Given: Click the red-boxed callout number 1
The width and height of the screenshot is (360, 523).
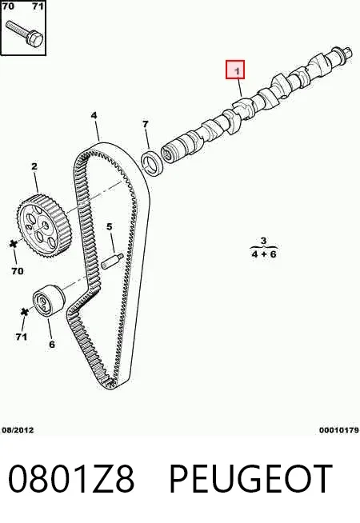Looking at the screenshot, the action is [237, 71].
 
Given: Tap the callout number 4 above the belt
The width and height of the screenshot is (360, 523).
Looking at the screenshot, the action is [94, 115].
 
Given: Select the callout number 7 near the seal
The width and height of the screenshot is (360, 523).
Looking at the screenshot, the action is [145, 125].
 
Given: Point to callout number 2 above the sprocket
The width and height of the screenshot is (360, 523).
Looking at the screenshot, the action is [34, 166].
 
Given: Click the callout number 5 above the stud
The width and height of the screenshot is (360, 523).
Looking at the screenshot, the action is [110, 227].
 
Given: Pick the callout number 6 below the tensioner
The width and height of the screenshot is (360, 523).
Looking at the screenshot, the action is [52, 344].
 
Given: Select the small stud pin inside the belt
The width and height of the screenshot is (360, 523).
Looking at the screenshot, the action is [112, 261].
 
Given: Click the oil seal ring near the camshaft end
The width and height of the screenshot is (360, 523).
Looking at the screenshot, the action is [153, 162].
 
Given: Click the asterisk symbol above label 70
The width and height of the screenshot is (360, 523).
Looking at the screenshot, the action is [14, 244].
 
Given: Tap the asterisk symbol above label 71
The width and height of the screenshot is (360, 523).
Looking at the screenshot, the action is [24, 312].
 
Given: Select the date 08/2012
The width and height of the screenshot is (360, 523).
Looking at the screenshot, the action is [18, 430].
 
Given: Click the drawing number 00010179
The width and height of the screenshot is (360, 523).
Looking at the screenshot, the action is [339, 430].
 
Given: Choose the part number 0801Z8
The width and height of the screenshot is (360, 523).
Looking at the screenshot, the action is [71, 478].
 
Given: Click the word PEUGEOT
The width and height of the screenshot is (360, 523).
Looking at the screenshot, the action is [251, 478].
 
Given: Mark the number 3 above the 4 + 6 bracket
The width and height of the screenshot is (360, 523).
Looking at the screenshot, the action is [263, 241].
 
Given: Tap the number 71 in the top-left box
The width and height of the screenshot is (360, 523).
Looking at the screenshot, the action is [38, 6].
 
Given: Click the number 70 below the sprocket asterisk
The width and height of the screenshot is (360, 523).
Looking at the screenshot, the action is [18, 271].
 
